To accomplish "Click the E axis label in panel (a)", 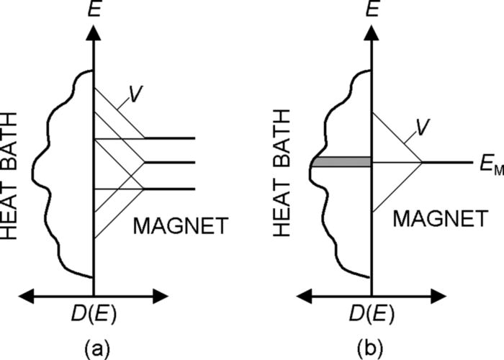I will (x=93, y=11).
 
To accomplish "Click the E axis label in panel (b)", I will (x=372, y=11).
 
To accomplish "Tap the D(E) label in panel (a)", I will (x=94, y=315).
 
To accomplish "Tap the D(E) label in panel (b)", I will (x=372, y=315).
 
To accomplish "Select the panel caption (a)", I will (x=94, y=349).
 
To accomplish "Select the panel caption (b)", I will (x=372, y=349).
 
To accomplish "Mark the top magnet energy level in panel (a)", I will (x=171, y=137).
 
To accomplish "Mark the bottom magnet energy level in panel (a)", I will (x=171, y=189).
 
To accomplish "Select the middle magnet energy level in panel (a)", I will (x=171, y=163).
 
